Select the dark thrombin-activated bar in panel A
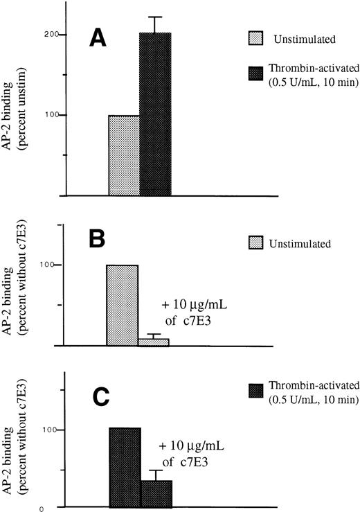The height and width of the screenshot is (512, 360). tap(155, 114)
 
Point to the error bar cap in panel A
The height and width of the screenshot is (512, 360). tap(155, 17)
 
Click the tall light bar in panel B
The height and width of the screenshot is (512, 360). tap(122, 305)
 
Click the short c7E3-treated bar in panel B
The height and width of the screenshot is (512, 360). tap(154, 342)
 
